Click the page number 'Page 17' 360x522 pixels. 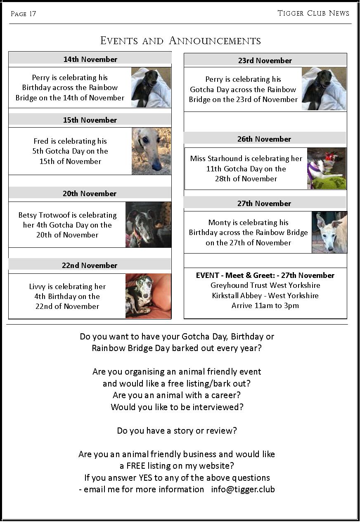pos(23,14)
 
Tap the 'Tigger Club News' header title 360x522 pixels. pos(313,13)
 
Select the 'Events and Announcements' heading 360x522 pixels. pos(180,41)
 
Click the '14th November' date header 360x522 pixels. pos(90,59)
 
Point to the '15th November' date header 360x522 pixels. pos(90,120)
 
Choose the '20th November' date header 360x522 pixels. pos(90,194)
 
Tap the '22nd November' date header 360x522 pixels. pos(90,266)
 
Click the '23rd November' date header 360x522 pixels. pos(265,61)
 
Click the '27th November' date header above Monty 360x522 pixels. pos(264,204)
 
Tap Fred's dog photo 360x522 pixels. pos(151,151)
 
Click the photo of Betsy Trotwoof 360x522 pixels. pos(148,225)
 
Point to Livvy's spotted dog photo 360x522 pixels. pos(148,296)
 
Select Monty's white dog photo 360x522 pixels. pos(329,232)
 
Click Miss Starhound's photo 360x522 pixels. pos(326,168)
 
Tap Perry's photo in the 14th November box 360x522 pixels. pos(151,88)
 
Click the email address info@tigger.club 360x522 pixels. pos(243,489)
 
